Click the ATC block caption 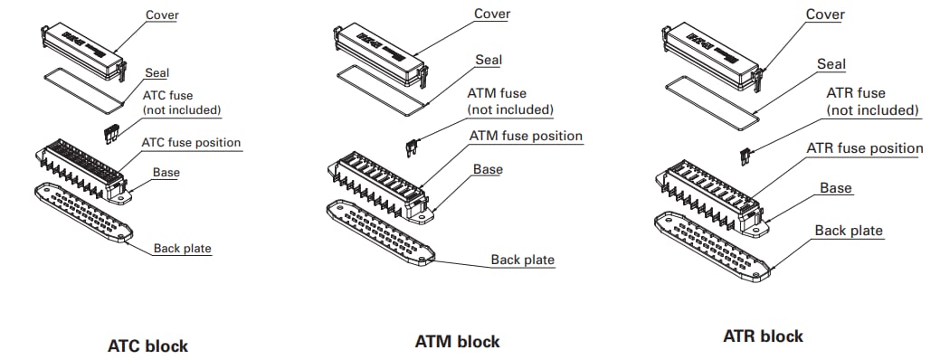pos(147,346)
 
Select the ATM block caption pos(457,342)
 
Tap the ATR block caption pos(763,336)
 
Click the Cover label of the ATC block pos(161,15)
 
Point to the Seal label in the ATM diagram pos(489,60)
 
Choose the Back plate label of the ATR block pos(849,230)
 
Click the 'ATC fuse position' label pos(191,142)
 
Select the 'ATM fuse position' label pos(526,136)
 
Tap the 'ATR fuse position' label pos(864,147)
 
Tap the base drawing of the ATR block pos(709,189)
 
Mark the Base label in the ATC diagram pos(166,172)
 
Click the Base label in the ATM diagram pos(488,169)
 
